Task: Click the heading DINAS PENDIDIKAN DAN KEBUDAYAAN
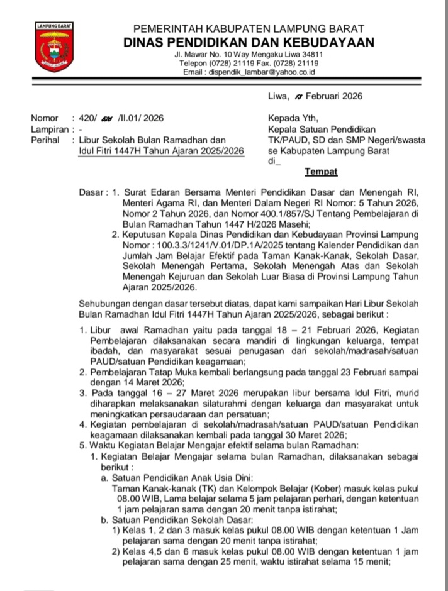[x=249, y=43]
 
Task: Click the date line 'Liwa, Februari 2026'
[x=315, y=96]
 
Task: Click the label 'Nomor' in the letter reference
[x=44, y=118]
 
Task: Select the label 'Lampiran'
[x=48, y=129]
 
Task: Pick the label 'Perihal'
[x=45, y=140]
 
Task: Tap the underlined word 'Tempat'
[x=321, y=172]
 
